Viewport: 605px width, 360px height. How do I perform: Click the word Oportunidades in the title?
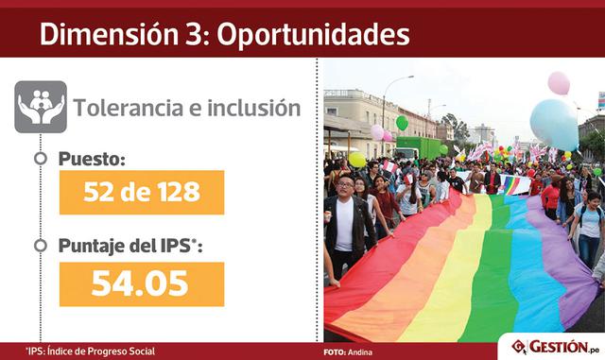[x=314, y=35]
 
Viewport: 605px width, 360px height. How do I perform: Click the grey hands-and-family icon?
[x=41, y=107]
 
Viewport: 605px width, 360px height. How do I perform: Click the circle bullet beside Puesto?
[x=40, y=158]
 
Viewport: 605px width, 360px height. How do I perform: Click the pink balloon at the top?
[x=559, y=83]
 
